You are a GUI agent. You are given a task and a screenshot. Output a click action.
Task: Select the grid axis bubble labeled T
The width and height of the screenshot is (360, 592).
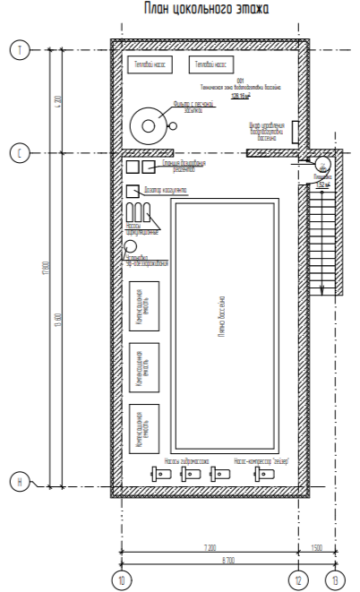click(19, 50)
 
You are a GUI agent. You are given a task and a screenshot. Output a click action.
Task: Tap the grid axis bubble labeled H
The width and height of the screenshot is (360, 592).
click(19, 485)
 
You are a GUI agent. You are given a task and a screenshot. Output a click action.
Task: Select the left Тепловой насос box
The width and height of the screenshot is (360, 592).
click(150, 65)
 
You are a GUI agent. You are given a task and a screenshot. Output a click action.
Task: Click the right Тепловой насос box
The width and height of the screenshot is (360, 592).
click(211, 65)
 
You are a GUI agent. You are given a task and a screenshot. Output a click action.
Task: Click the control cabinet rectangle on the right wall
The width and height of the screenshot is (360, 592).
click(296, 131)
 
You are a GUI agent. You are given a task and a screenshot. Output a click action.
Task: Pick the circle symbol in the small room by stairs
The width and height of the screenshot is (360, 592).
click(321, 164)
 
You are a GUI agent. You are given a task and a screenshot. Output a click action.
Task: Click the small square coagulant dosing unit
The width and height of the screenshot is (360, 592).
click(133, 190)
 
